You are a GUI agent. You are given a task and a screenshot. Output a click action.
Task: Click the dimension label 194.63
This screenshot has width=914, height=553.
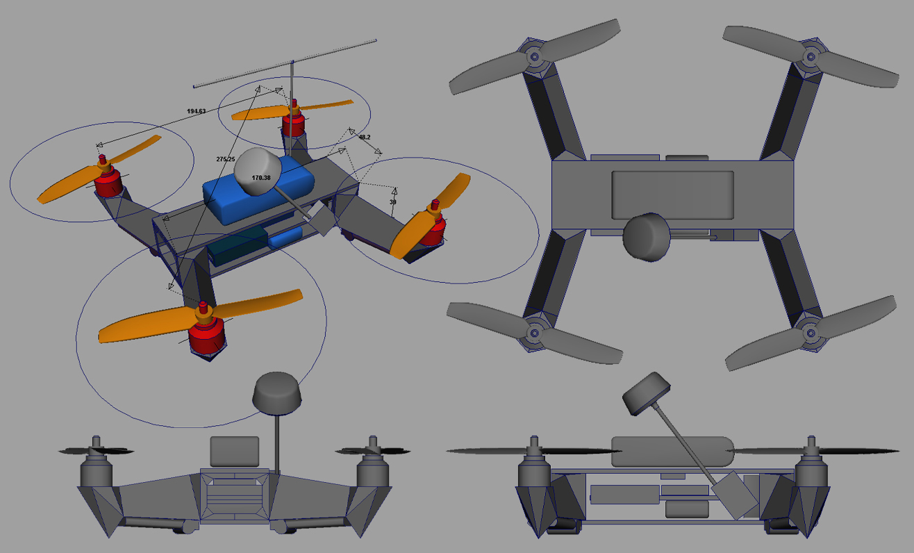[x=196, y=111]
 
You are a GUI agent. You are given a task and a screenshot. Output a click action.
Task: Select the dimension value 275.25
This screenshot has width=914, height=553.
[x=226, y=159]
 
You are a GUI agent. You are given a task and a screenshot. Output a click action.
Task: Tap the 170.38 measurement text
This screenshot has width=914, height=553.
[x=261, y=178]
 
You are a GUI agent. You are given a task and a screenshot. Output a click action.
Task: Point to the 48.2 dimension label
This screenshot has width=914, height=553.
[x=364, y=138]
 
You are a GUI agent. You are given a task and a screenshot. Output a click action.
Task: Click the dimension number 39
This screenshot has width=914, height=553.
[x=393, y=202]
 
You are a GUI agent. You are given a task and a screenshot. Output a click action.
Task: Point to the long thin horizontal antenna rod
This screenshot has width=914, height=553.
[x=285, y=63]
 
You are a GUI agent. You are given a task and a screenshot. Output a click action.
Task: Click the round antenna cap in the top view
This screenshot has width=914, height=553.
[x=646, y=236]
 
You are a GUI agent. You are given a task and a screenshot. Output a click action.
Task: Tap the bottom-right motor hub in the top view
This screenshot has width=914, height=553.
[x=810, y=333]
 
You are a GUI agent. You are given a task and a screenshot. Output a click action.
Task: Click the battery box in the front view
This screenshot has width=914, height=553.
[x=235, y=452]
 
